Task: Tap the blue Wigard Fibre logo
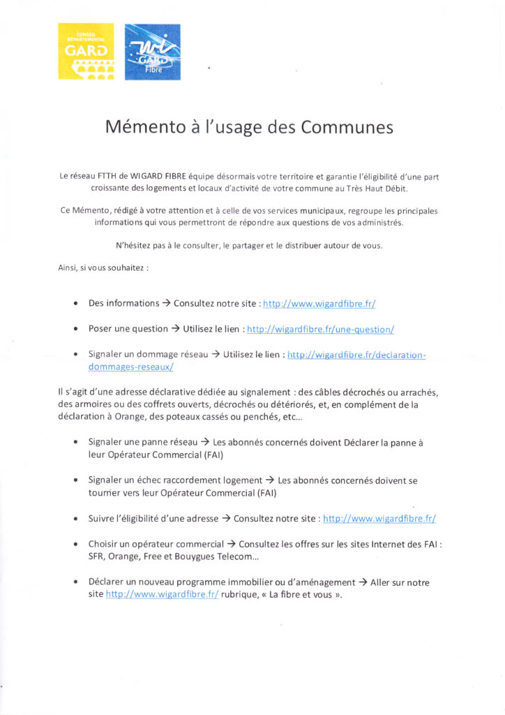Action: point(152,52)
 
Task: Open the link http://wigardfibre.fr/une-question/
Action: point(321,328)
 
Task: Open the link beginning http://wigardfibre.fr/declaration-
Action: point(356,354)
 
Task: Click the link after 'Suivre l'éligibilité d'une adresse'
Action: point(379,519)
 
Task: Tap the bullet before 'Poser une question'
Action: point(75,329)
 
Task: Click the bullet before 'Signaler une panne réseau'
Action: point(75,443)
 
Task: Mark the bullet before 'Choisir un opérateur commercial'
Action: point(75,544)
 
